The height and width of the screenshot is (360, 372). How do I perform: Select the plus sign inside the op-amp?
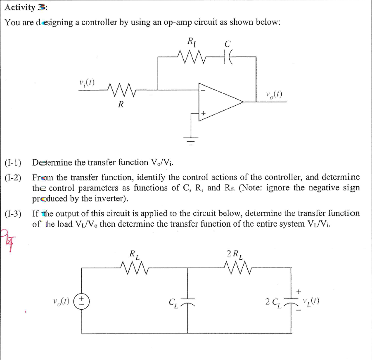coord(203,112)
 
